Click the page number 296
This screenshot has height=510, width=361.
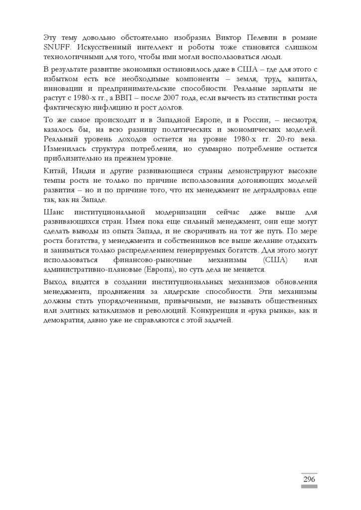tap(309, 479)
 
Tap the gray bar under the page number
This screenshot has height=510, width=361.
tap(309, 487)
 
